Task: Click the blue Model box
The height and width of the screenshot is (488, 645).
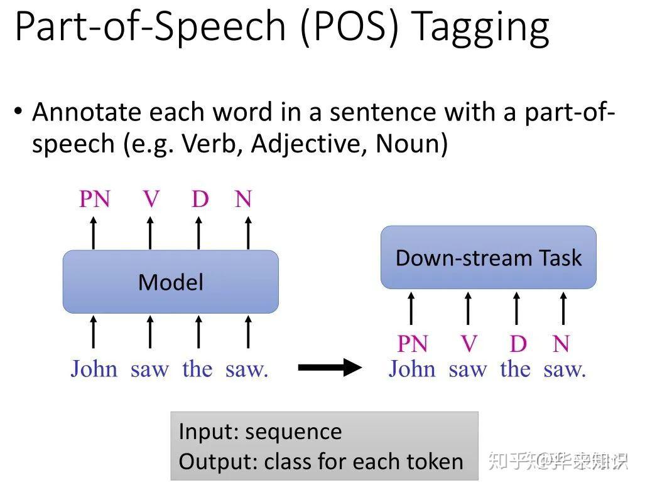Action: point(170,282)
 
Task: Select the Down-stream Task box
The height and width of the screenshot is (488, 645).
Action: point(488,258)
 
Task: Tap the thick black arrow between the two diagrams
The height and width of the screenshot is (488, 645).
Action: point(329,368)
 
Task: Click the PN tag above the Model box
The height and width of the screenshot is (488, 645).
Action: point(94,199)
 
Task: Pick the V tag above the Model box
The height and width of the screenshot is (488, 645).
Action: point(151,199)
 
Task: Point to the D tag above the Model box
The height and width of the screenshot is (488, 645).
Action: point(200,199)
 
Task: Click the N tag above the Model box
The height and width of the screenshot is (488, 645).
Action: point(243,199)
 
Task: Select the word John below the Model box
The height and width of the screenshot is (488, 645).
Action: point(94,368)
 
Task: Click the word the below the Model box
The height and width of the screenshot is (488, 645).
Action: point(197,368)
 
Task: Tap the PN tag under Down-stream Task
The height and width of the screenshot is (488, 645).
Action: point(412,344)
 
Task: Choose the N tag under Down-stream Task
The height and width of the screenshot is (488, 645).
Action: point(561,344)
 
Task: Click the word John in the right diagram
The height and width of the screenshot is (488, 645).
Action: point(411,368)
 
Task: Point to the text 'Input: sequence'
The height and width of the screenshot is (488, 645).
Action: point(260,432)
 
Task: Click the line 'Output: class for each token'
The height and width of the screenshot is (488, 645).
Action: point(321,462)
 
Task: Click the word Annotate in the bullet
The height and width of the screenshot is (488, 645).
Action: point(87,112)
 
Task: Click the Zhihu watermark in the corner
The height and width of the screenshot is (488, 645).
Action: point(558,462)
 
